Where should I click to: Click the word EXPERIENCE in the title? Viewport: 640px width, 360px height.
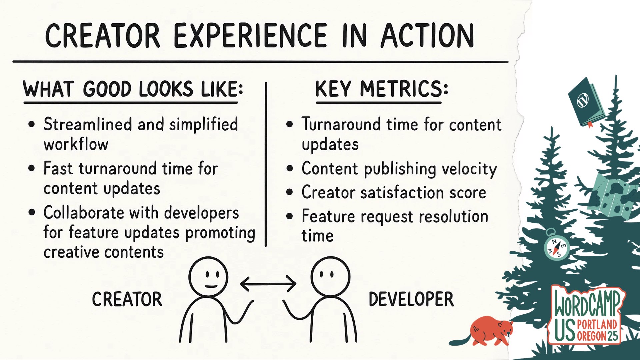tap(250, 35)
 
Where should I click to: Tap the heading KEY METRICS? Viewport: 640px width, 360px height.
tap(382, 89)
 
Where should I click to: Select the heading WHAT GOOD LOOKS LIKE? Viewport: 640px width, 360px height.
tap(133, 89)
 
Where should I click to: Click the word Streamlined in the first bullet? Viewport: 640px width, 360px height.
tap(88, 124)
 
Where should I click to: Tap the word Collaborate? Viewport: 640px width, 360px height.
tap(84, 213)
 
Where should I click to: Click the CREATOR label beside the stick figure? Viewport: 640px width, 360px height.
tap(127, 299)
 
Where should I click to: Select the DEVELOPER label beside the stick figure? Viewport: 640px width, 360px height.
tap(411, 299)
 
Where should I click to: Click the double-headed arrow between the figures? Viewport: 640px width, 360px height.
tap(268, 284)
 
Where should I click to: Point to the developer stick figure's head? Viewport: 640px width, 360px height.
tap(331, 276)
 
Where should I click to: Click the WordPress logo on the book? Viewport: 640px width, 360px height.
tap(583, 100)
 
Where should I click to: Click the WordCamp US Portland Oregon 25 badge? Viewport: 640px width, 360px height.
tap(587, 315)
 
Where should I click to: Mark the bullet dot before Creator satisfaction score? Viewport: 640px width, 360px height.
tap(289, 192)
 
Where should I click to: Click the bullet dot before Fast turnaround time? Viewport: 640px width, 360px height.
tap(32, 168)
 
